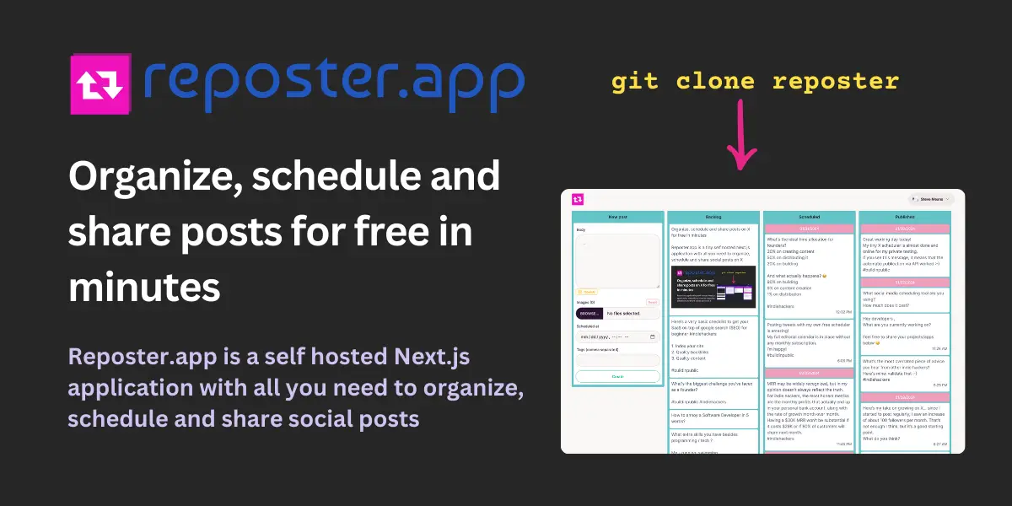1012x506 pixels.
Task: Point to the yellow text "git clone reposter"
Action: (755, 81)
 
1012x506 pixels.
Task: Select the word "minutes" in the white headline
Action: (144, 288)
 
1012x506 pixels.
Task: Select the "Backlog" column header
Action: (713, 217)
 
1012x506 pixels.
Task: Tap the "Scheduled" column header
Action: (810, 217)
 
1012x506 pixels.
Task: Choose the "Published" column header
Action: (905, 217)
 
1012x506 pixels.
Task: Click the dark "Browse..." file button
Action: (589, 313)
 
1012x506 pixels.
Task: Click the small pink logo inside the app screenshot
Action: (578, 199)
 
